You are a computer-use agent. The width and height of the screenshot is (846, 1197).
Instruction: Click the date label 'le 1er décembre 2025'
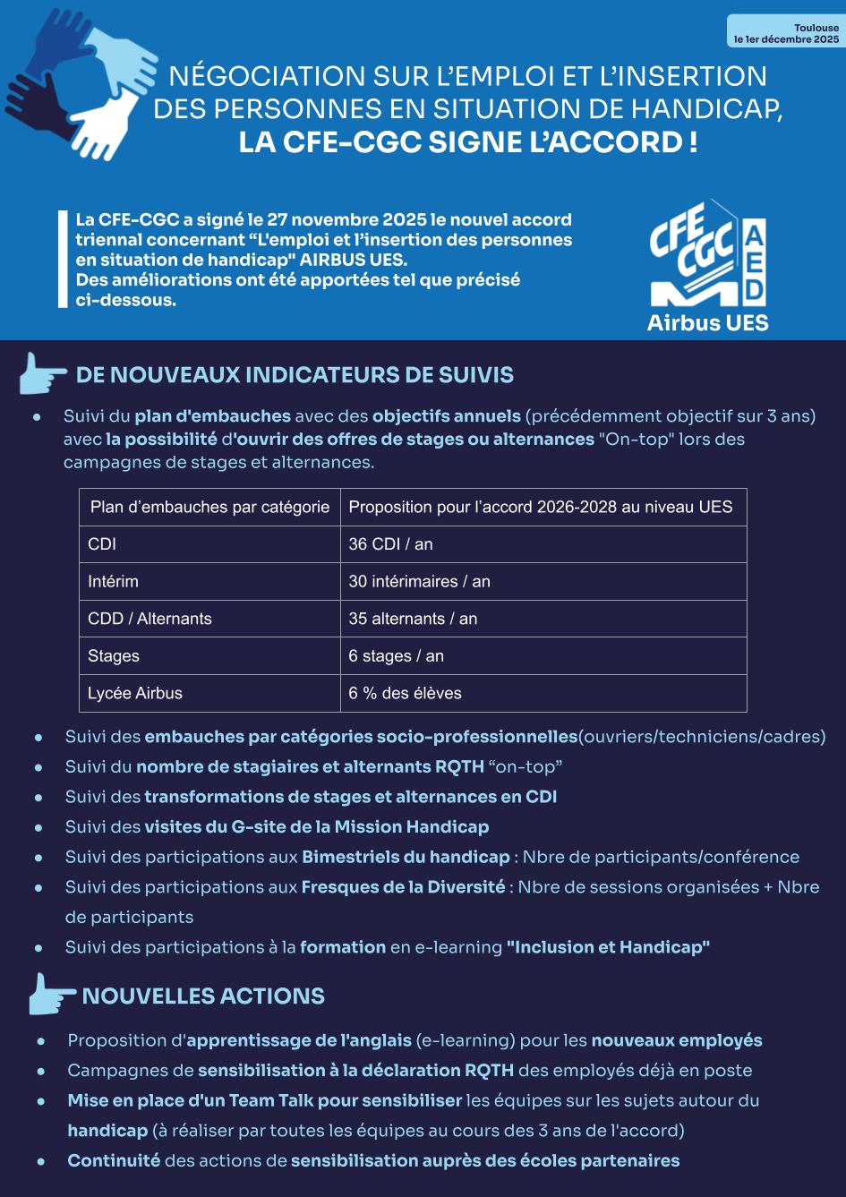[x=786, y=40]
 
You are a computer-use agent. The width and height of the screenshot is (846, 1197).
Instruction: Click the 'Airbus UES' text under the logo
[x=707, y=322]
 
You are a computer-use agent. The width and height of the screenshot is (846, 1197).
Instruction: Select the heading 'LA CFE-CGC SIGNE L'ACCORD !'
[x=467, y=142]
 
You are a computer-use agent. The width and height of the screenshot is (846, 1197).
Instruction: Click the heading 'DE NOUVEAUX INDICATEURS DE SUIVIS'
[x=295, y=374]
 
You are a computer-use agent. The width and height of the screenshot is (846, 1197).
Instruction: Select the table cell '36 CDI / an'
[x=390, y=544]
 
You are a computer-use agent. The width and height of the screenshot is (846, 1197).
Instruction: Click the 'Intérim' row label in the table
[x=113, y=582]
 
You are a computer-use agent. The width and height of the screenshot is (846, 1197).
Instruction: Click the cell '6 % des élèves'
[x=405, y=693]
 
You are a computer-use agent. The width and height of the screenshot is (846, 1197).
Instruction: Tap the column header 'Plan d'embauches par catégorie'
[x=209, y=507]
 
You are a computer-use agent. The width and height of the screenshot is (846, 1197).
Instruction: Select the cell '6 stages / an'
[x=396, y=656]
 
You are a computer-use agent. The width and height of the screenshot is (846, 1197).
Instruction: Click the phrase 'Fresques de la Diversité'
[x=403, y=886]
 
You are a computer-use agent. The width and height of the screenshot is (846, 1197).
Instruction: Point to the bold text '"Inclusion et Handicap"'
[x=608, y=946]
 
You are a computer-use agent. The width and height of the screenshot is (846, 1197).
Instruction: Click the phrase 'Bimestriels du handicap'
[x=405, y=857]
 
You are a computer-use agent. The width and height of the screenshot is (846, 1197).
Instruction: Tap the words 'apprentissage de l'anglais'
[x=298, y=1040]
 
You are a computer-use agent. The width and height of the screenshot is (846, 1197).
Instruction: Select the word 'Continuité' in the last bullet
[x=114, y=1160]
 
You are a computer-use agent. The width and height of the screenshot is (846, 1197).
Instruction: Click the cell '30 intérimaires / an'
[x=419, y=582]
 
